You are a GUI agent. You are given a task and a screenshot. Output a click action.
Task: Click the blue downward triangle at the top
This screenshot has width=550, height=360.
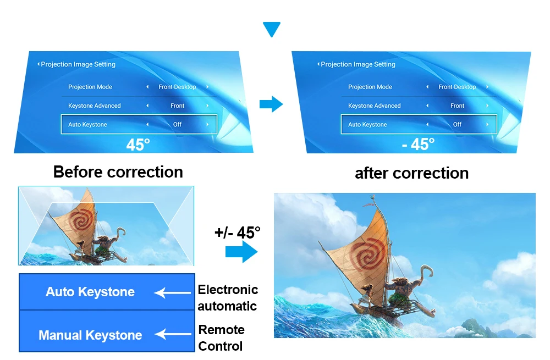272,29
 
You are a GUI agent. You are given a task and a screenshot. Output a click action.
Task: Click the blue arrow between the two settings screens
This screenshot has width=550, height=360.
271,104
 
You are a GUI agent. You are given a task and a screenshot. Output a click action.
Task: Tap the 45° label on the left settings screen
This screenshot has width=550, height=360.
138,145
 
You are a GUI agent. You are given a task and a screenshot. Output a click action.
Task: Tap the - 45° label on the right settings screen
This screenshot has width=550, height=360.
418,144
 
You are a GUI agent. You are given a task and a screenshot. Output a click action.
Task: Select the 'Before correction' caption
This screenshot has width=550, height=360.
118,172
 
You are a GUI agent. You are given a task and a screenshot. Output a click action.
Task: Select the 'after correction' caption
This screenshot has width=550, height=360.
412,173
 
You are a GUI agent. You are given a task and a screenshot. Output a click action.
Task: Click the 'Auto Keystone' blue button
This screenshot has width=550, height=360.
107,292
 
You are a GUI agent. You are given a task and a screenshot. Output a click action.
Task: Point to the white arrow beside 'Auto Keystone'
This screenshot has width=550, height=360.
172,293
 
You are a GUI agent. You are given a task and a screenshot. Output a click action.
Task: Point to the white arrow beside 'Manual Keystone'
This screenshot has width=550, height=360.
173,334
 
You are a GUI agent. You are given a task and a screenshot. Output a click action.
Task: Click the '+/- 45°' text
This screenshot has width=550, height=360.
238,232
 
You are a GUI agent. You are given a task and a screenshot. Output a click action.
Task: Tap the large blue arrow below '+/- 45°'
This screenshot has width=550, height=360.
241,251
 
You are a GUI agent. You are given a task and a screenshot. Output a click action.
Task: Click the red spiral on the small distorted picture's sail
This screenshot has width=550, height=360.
82,221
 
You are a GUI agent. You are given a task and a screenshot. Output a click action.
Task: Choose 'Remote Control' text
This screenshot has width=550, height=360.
221,338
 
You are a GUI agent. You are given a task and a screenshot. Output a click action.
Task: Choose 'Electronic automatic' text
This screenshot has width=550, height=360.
228,298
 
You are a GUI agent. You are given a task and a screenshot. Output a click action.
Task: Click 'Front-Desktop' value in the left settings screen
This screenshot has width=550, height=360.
177,87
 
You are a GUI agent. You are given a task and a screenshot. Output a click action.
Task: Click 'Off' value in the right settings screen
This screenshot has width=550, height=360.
457,124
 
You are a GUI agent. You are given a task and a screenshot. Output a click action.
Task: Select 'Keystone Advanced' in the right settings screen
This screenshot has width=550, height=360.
374,106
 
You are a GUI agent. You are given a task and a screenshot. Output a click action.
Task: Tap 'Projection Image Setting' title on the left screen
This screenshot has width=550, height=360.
78,64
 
